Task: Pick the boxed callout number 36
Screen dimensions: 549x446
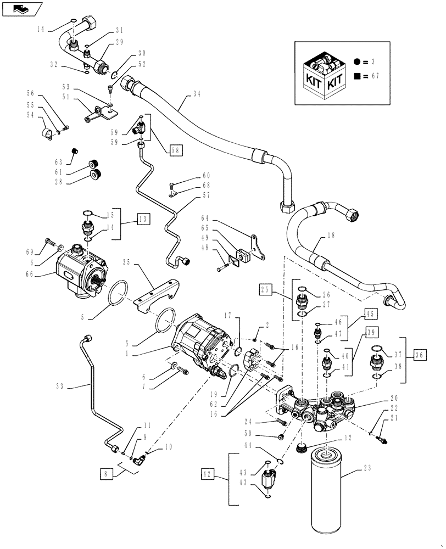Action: [421, 355]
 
